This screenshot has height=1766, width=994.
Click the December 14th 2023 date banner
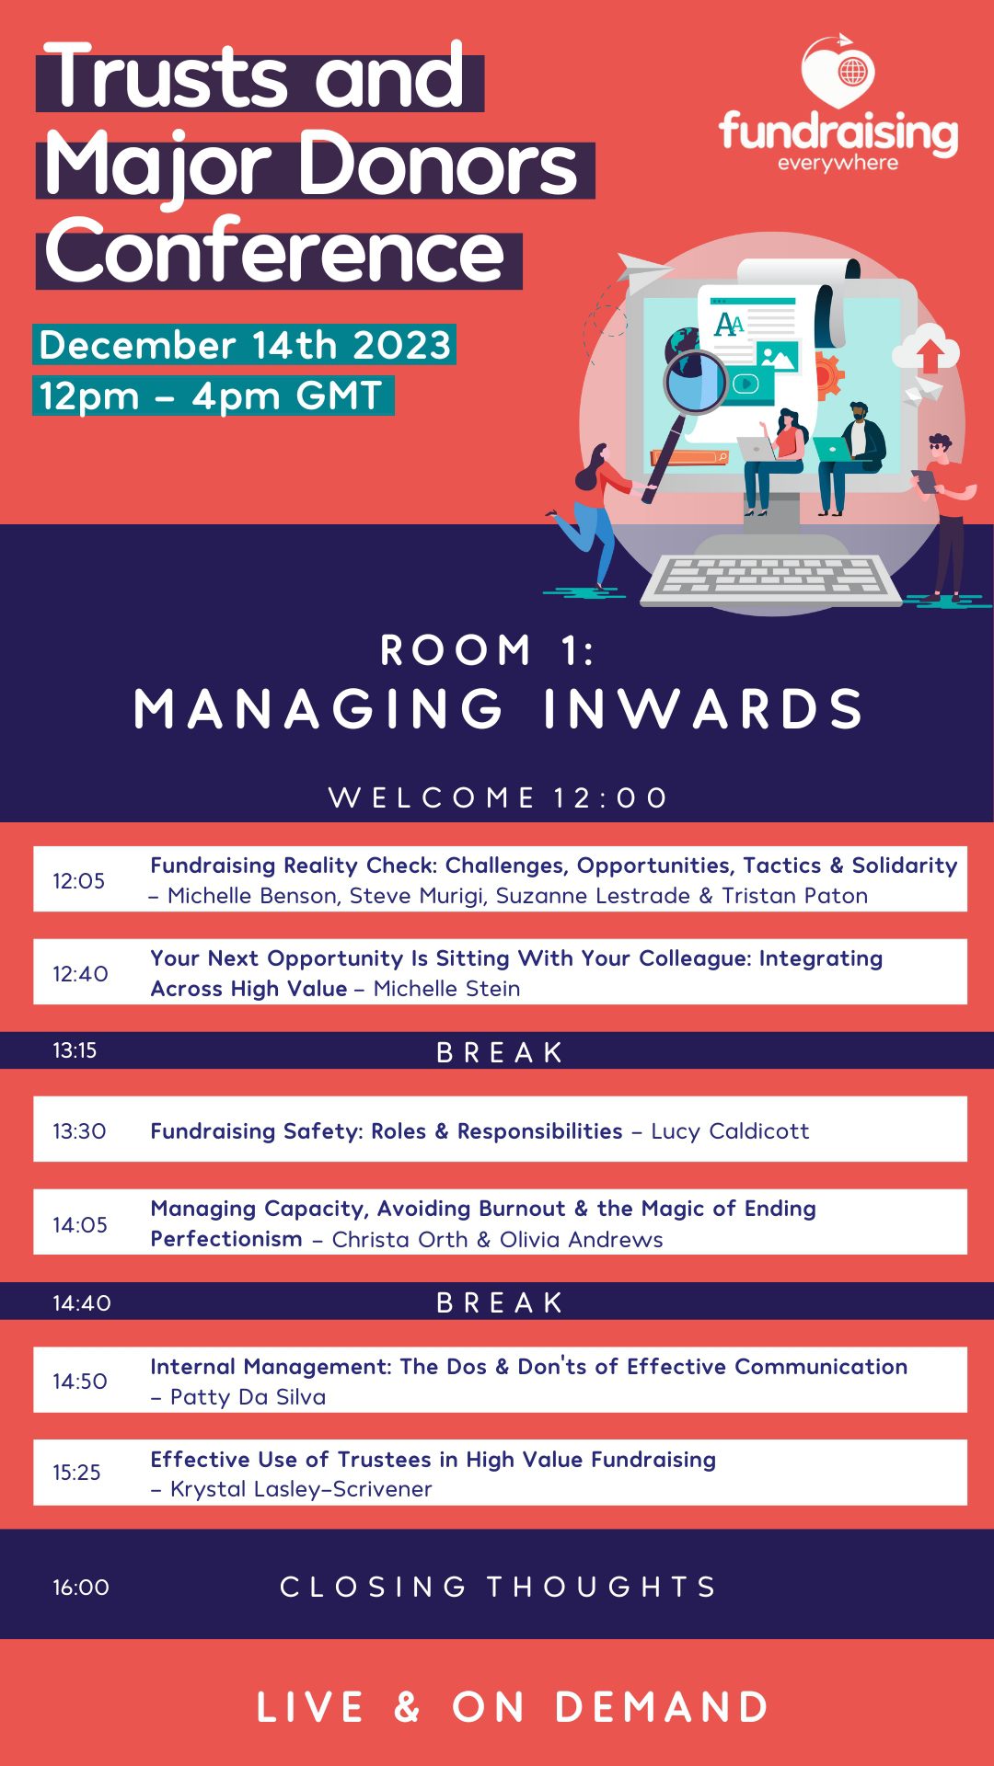pyautogui.click(x=245, y=345)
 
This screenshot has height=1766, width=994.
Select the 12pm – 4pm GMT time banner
pyautogui.click(x=212, y=396)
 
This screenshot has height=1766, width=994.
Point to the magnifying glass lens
pyautogui.click(x=696, y=382)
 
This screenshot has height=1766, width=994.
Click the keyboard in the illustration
pyautogui.click(x=771, y=579)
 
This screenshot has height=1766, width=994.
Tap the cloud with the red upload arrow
pyautogui.click(x=926, y=350)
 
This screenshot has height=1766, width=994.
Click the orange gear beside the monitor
pyautogui.click(x=828, y=374)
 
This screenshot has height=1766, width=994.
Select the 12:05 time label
pyautogui.click(x=78, y=880)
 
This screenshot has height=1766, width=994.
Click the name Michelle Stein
pyautogui.click(x=446, y=989)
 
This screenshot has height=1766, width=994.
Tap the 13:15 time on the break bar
pyautogui.click(x=75, y=1050)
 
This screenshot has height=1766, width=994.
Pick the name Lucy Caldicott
pyautogui.click(x=730, y=1130)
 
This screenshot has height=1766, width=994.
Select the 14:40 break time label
pyautogui.click(x=82, y=1302)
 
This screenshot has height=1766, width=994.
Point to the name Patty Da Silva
pyautogui.click(x=248, y=1397)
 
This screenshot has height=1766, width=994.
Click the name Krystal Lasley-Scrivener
pyautogui.click(x=301, y=1489)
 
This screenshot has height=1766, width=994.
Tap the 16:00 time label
pyautogui.click(x=81, y=1587)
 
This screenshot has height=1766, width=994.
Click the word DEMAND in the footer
pyautogui.click(x=662, y=1707)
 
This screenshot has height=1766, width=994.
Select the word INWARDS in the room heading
pyautogui.click(x=703, y=709)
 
